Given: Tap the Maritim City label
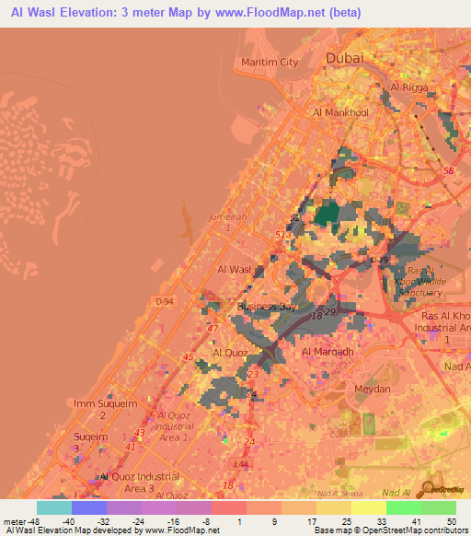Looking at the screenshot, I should point(270,62).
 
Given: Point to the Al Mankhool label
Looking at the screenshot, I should point(340,112).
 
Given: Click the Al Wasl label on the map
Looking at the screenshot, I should point(234,269).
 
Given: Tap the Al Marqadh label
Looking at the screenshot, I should point(327,352).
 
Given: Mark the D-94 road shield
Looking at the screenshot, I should point(165,300).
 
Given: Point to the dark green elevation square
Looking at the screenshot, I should point(327,216).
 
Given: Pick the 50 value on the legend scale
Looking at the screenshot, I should point(450,520).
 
